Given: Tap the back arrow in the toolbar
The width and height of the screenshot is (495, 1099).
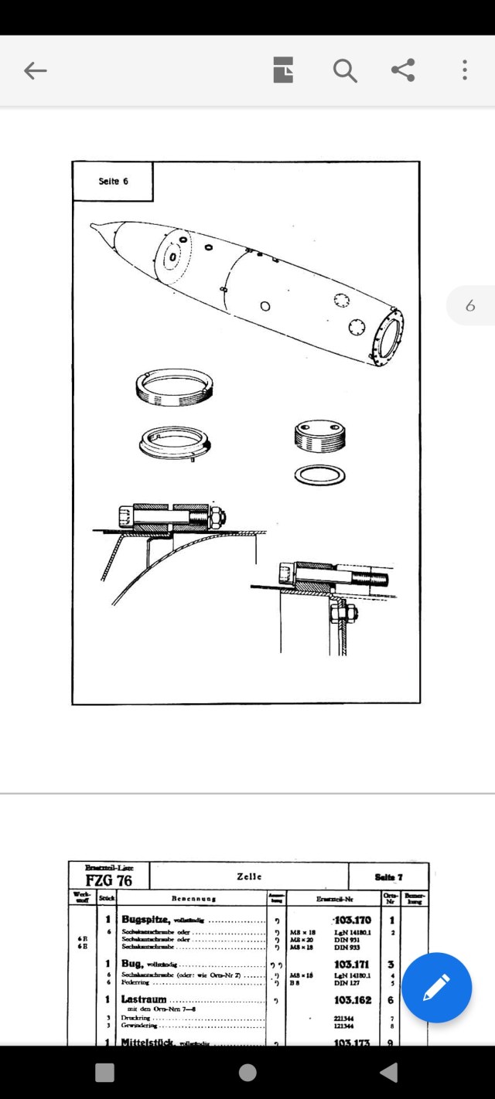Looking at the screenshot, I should (x=35, y=71).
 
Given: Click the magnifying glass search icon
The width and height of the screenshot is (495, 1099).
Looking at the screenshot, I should (x=345, y=71).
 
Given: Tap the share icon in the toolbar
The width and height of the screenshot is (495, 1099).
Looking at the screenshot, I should (x=403, y=70).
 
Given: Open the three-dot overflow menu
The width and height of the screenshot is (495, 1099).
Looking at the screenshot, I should (x=464, y=70).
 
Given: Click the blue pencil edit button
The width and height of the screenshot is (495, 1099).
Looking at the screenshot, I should (x=436, y=988).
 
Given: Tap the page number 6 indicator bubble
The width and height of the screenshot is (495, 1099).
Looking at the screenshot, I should (x=470, y=306).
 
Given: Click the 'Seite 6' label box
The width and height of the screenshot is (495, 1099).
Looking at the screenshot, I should (x=113, y=181).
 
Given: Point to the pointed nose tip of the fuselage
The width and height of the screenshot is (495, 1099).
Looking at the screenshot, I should (x=94, y=226).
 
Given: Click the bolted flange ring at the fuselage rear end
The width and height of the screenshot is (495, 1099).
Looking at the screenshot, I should (x=387, y=336).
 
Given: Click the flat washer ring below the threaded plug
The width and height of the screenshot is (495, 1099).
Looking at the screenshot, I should (x=319, y=475).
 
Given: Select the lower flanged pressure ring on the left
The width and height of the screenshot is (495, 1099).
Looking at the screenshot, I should (x=176, y=443).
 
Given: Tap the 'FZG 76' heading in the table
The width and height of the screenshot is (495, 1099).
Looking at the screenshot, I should (x=108, y=880).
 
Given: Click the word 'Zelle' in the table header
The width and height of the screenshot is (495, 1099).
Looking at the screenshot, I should (x=249, y=876).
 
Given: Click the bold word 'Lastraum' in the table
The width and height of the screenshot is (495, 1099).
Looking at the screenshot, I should (x=144, y=999).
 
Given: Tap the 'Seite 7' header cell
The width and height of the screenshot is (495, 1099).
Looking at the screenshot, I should (x=388, y=876).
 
